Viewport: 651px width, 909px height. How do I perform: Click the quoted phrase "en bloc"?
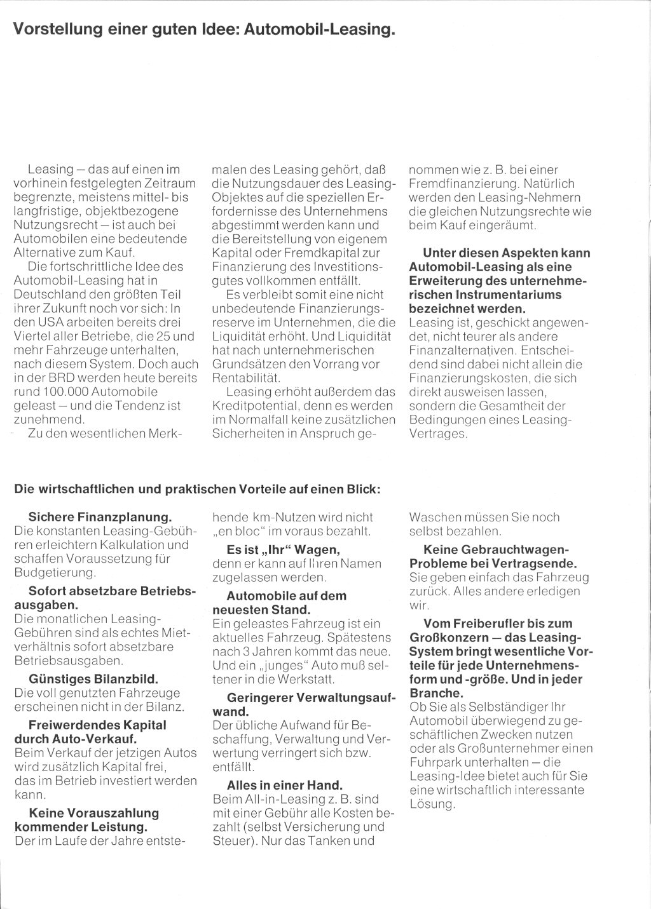[x=240, y=531]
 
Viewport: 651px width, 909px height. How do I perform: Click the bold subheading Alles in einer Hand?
[x=284, y=784]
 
